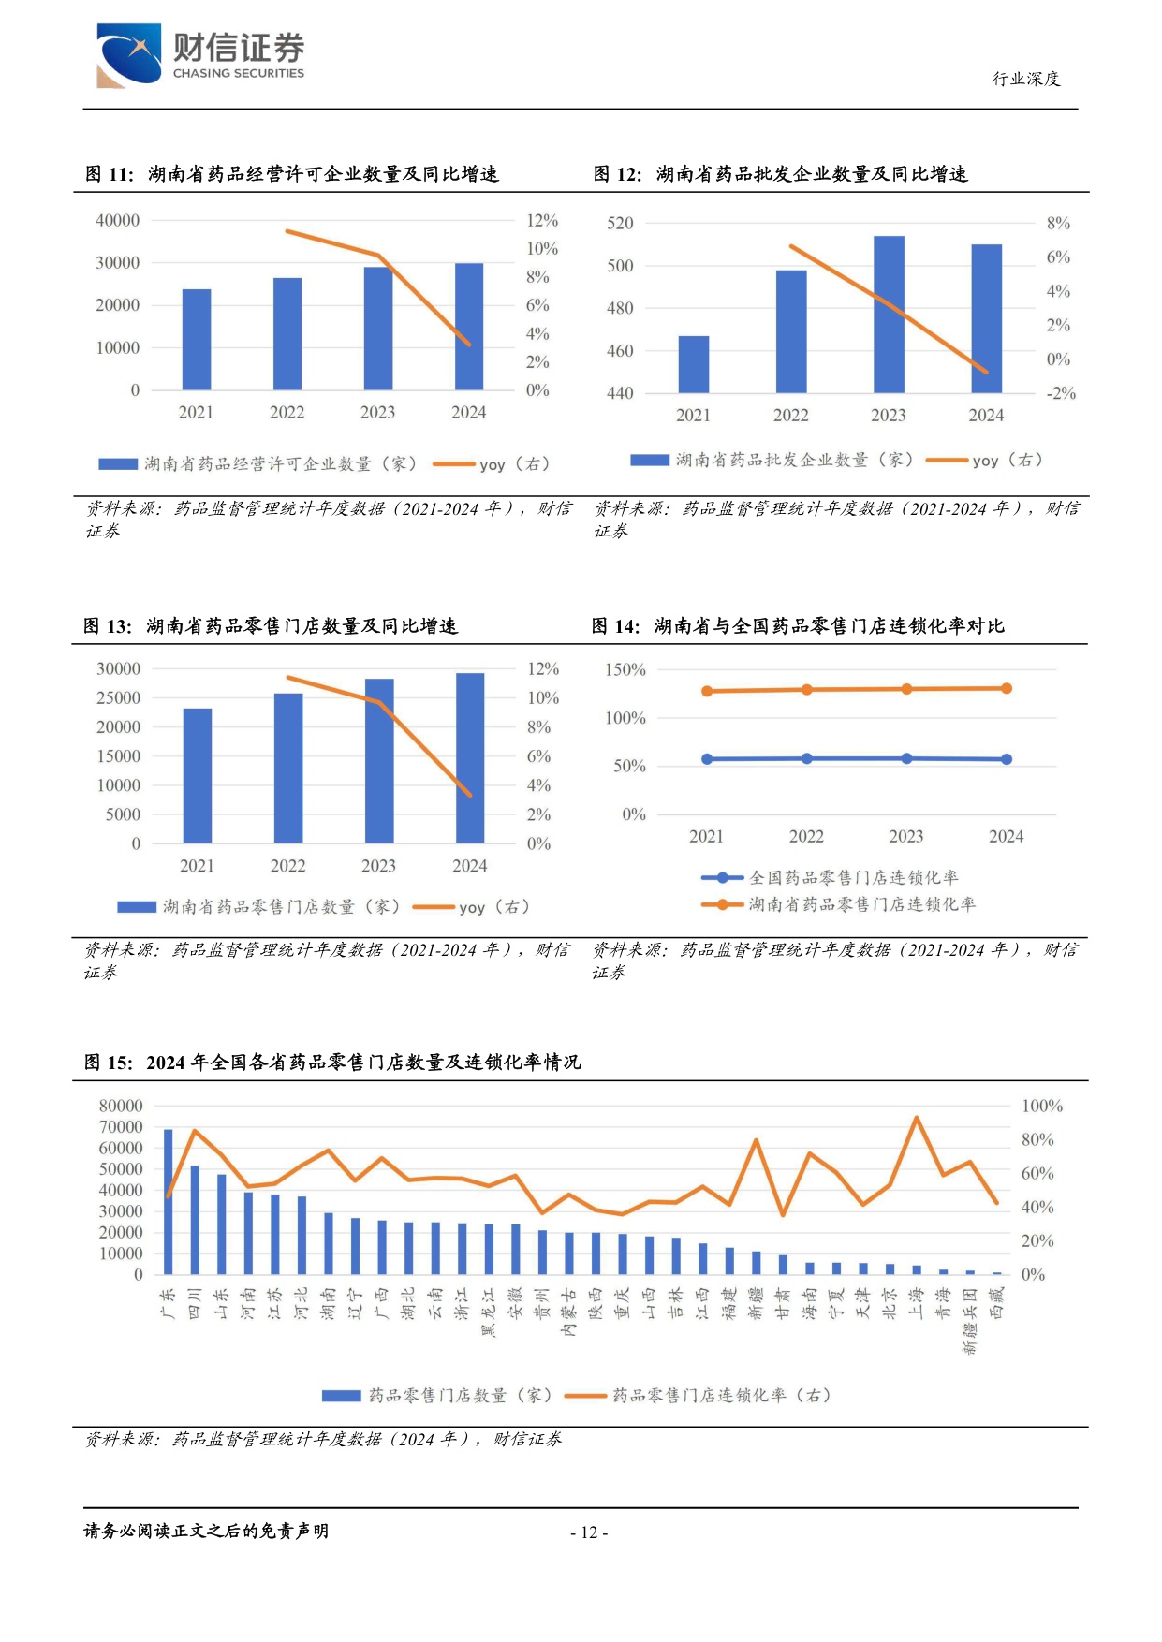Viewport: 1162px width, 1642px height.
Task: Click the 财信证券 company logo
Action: [200, 56]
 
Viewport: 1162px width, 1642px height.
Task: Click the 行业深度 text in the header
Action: [1026, 79]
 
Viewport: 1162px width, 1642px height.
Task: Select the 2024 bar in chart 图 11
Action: [469, 327]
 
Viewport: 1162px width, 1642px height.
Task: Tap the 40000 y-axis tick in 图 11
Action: [117, 220]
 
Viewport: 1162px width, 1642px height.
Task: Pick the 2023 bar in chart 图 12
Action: [889, 315]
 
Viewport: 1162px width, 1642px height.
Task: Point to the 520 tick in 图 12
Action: [620, 223]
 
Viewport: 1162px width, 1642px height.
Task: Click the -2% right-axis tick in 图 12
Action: [1061, 393]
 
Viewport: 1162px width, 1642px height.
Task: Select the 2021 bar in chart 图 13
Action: [198, 776]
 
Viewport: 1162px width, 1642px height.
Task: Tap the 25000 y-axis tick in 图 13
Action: [119, 697]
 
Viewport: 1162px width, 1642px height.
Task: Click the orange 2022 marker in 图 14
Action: [807, 690]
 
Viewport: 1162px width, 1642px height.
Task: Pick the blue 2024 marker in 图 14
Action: [1007, 759]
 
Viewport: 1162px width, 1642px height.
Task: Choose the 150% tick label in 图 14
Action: [625, 669]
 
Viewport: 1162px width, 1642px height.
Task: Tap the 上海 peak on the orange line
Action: [916, 1118]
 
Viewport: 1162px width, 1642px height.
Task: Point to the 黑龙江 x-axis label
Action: [489, 1312]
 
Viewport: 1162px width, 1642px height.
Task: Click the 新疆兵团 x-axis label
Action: [970, 1321]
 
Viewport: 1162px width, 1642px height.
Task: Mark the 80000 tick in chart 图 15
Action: [121, 1106]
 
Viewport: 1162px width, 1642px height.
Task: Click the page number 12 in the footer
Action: [589, 1532]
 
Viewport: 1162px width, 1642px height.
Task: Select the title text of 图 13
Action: [271, 626]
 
